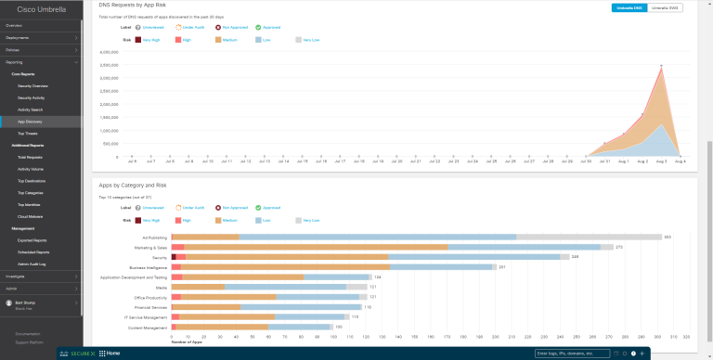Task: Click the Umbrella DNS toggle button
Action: pos(629,7)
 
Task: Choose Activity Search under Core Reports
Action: pos(31,109)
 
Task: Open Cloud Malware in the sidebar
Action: pos(31,216)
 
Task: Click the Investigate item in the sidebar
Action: pos(16,276)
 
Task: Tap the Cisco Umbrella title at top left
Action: pos(40,8)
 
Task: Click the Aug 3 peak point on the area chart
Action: pos(661,66)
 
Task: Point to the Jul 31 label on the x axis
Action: pos(604,161)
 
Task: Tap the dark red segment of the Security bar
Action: pos(174,257)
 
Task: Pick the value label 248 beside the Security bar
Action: pos(575,257)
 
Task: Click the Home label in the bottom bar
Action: pos(112,354)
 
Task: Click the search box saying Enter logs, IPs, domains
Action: pos(573,354)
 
